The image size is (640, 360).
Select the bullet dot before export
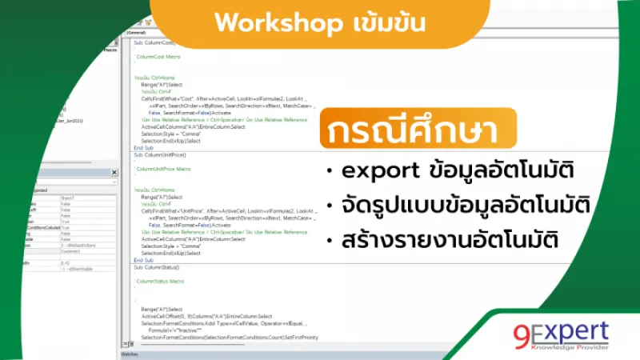point(330,173)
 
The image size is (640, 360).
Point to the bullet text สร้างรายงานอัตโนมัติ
point(451,240)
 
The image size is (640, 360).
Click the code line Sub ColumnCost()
point(154,42)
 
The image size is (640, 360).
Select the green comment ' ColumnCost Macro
point(158,57)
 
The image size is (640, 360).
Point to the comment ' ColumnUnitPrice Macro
point(163,169)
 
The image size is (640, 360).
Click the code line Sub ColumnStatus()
point(157,266)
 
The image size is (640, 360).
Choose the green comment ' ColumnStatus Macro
point(160,282)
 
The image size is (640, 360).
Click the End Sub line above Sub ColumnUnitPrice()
point(143,147)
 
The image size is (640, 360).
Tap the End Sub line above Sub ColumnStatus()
point(143,260)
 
